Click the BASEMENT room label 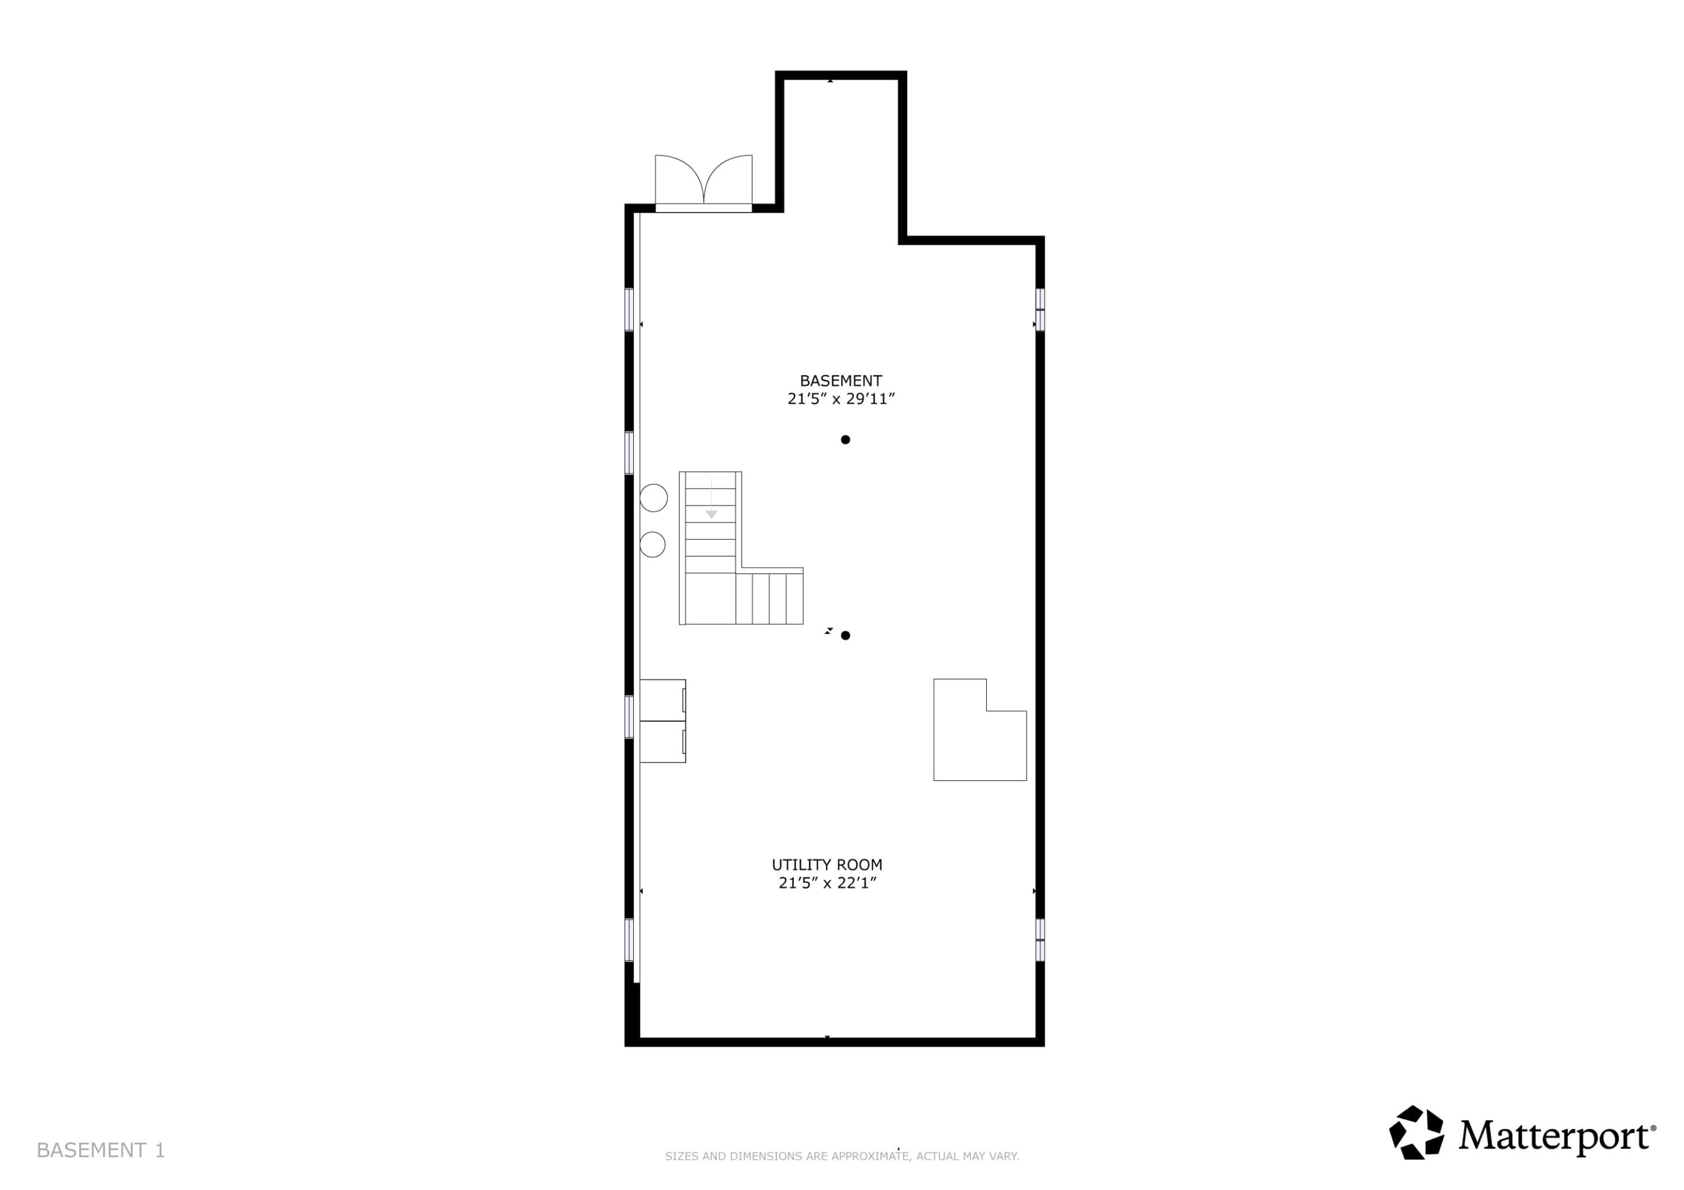coord(840,380)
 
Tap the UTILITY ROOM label coord(827,865)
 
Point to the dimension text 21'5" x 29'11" coord(841,399)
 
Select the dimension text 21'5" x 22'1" coord(827,883)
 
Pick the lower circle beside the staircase coord(653,545)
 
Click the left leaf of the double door coord(679,179)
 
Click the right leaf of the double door coord(728,179)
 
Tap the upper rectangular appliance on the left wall coord(662,700)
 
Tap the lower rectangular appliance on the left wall coord(662,742)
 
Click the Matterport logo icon coord(1416,1133)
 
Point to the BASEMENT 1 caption coord(100,1150)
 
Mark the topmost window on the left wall coord(629,309)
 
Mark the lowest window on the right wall coord(1040,939)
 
